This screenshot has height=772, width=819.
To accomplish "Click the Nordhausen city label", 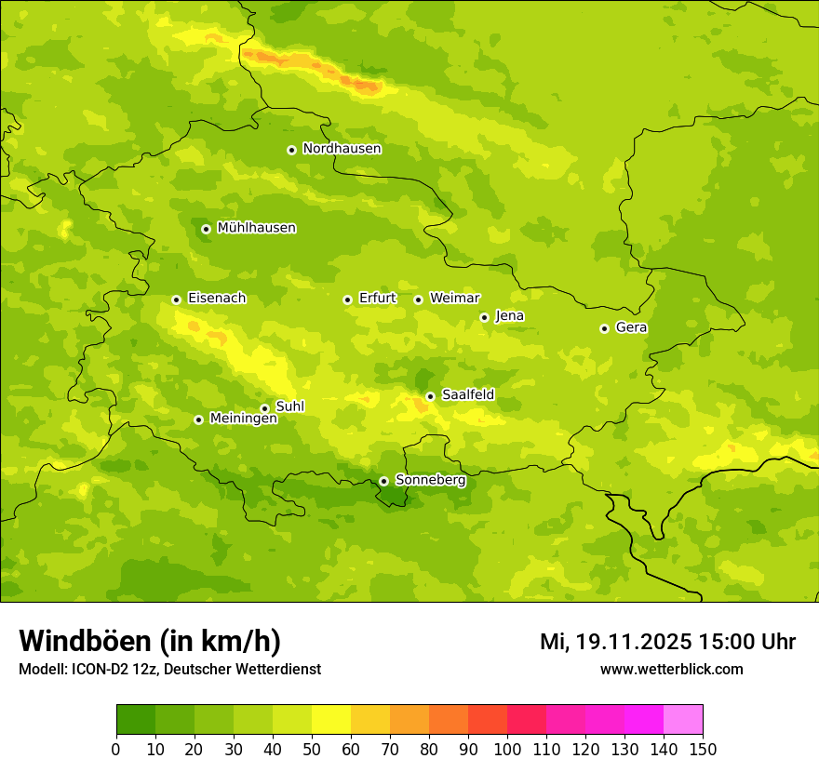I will (x=342, y=149).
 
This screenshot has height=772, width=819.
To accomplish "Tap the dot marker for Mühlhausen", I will (x=206, y=229).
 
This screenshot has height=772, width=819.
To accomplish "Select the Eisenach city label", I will (x=217, y=299).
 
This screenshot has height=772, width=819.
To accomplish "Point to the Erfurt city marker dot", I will (x=347, y=299).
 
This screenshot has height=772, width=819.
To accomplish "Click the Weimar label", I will (x=454, y=299).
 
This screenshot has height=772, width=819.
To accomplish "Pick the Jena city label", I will (x=509, y=316).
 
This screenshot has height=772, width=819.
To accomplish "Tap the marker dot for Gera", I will (x=604, y=328).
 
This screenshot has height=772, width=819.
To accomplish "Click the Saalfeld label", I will (x=467, y=395).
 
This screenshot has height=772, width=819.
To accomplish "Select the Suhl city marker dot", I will (x=264, y=408).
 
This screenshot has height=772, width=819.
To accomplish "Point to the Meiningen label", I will (x=243, y=419).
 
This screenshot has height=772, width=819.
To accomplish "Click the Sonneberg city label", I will (x=430, y=481).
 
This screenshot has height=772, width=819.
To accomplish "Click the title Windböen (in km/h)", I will (x=149, y=641).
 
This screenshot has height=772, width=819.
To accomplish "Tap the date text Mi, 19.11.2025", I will (x=615, y=642).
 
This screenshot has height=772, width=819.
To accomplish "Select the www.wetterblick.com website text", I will (x=671, y=669).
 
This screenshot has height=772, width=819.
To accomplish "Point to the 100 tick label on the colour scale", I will (x=507, y=749).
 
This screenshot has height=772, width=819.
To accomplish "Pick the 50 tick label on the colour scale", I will (x=312, y=749).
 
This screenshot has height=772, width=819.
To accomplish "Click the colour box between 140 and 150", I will (x=683, y=720).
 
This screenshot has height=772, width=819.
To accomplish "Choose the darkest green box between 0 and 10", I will (x=136, y=720).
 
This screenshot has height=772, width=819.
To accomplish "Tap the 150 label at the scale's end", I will (x=703, y=749).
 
